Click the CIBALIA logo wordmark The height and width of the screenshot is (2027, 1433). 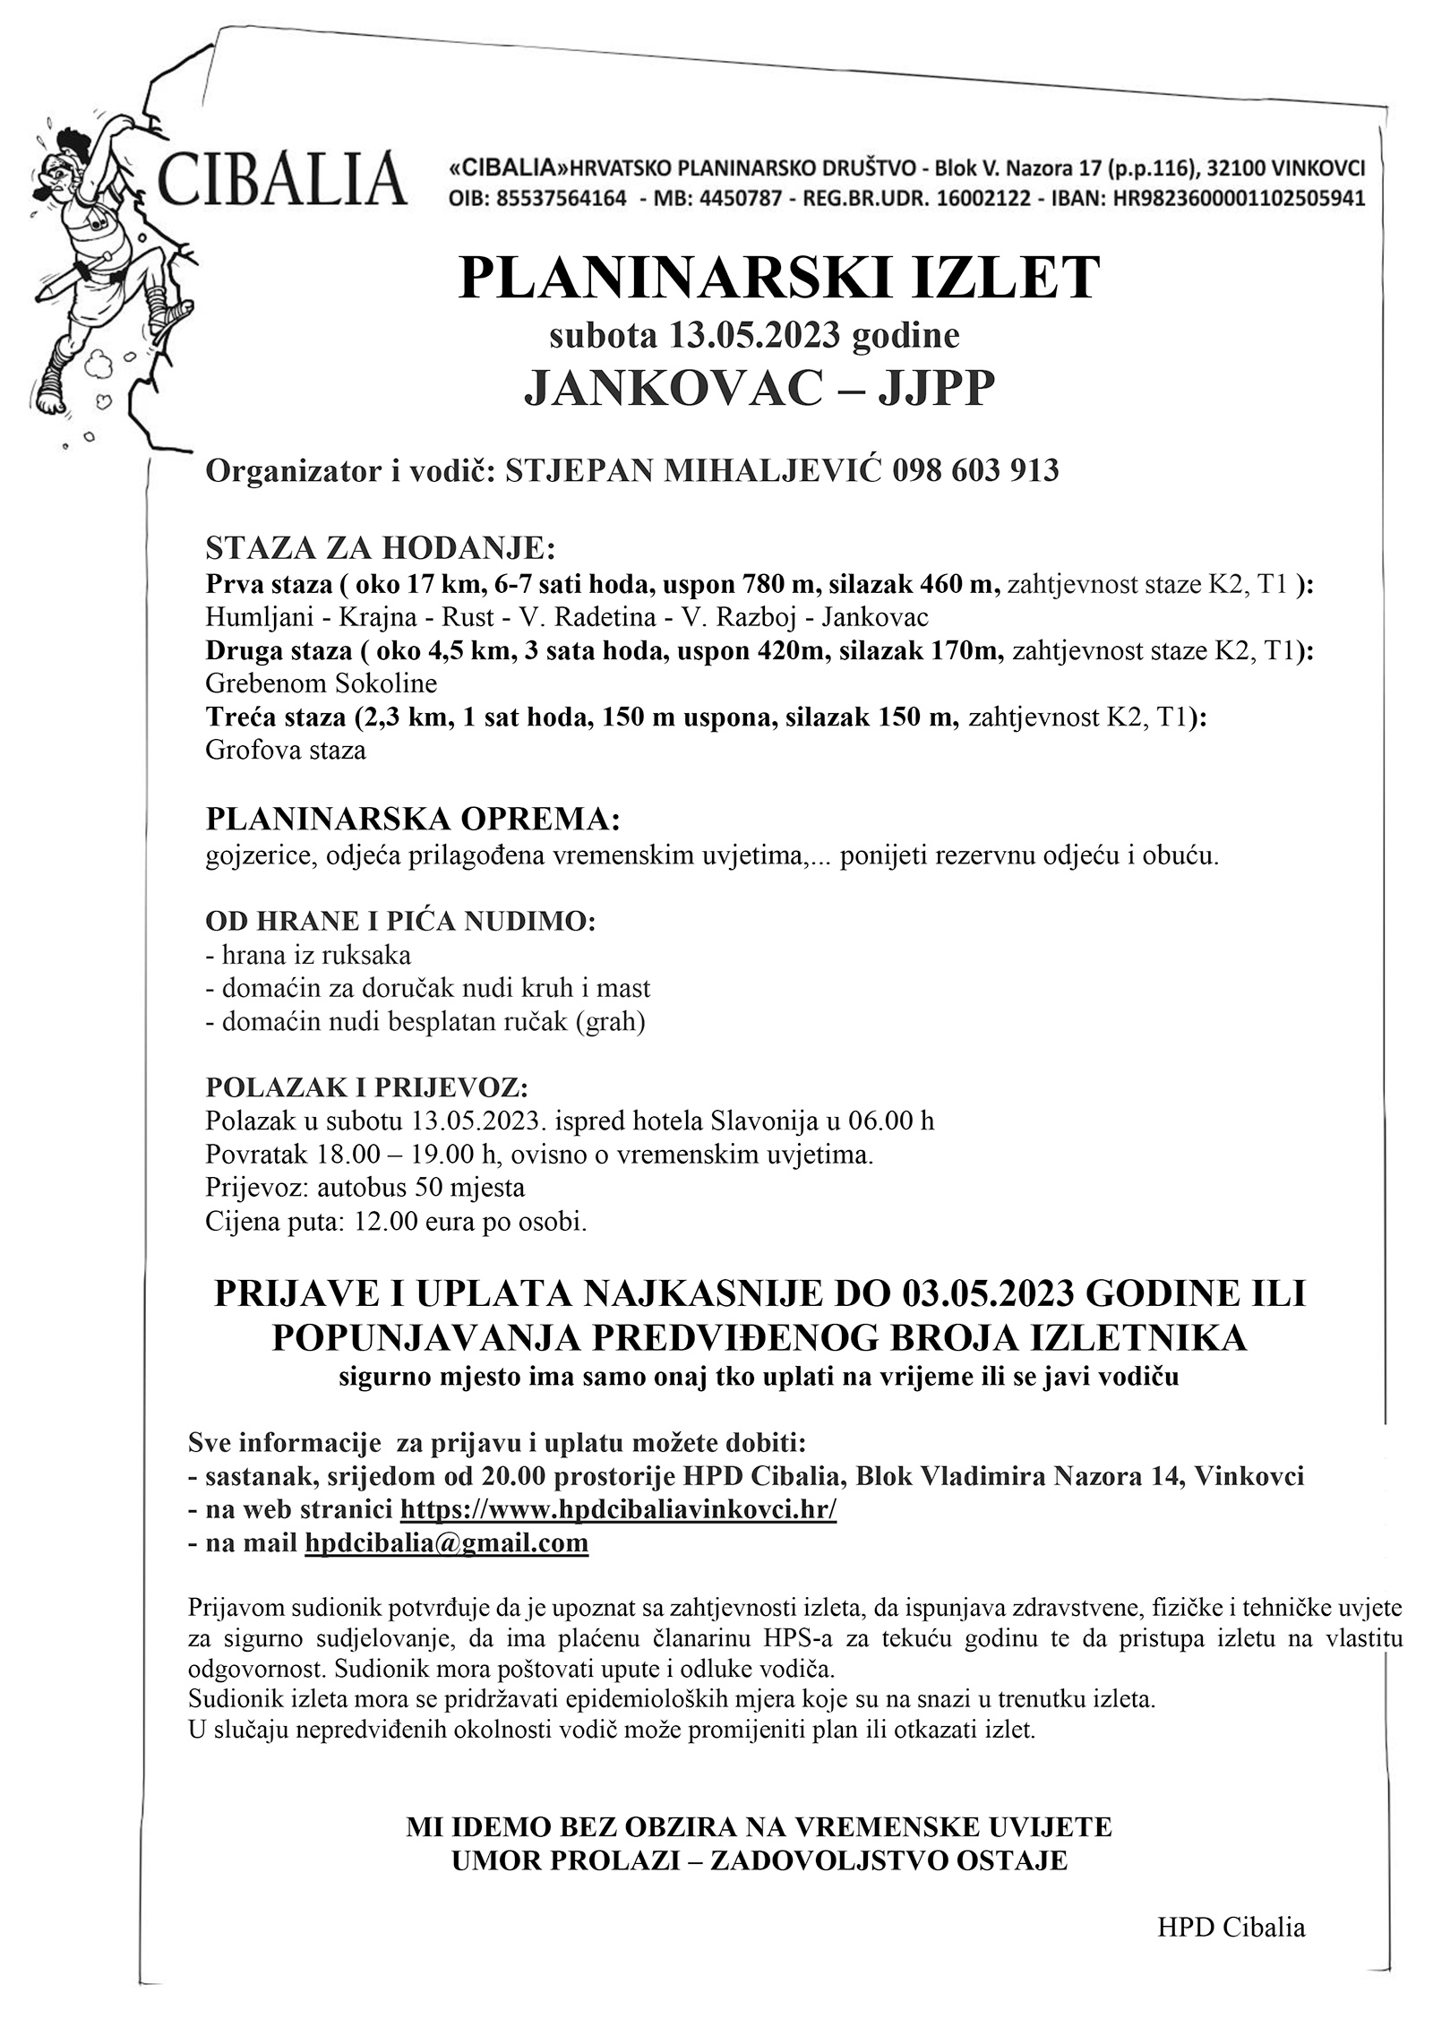tap(281, 178)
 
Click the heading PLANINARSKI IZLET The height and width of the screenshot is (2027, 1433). tap(778, 278)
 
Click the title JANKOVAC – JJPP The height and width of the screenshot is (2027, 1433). tap(759, 391)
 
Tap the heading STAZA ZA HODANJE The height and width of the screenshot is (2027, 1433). tap(381, 547)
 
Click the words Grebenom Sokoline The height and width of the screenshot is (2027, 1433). tap(321, 683)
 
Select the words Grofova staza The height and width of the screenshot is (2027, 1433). tap(286, 750)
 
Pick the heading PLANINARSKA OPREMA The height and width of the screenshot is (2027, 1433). tap(413, 819)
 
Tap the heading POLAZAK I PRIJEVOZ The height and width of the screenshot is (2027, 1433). tap(367, 1087)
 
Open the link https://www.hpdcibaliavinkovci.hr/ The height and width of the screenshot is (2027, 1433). tap(618, 1509)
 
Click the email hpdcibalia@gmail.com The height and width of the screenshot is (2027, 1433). tap(446, 1542)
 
